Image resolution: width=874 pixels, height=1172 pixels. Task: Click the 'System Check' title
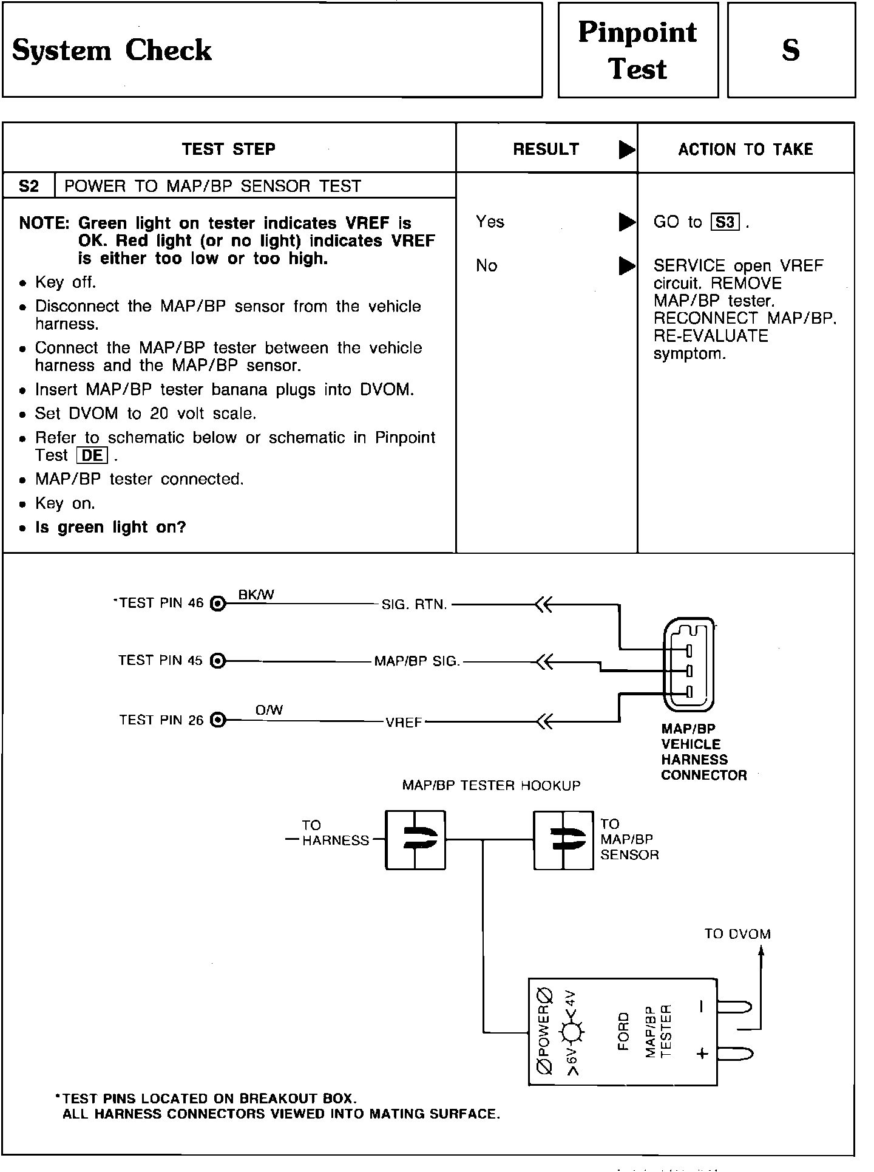pos(112,50)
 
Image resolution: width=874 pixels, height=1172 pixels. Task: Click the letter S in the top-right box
pos(790,50)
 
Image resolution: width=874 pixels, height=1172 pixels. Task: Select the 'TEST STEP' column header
pos(229,149)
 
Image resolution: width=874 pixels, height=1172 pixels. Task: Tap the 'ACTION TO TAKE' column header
pos(745,149)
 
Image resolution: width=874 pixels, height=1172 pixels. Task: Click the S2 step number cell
pos(29,186)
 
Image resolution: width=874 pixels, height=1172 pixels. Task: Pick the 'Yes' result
pos(490,222)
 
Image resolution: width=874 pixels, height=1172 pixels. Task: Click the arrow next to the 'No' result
pos(626,266)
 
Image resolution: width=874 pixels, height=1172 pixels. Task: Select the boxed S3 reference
pos(725,222)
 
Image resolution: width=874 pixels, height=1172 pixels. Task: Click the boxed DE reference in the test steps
pos(92,455)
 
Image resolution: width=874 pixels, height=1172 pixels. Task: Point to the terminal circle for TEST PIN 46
pos(217,604)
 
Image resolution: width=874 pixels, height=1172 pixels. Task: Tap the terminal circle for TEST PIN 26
pos(217,721)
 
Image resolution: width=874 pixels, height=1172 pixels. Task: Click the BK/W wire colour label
pos(256,595)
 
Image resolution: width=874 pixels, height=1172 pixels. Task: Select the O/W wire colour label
pos(269,710)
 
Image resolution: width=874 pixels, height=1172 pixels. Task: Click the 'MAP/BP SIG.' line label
pos(417,661)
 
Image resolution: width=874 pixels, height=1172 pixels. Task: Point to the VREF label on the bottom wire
pos(404,723)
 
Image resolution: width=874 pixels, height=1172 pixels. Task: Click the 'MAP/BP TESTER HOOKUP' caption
pos(491,786)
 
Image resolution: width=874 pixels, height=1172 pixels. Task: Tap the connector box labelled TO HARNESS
pos(415,840)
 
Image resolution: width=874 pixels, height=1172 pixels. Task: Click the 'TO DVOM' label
pos(737,934)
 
